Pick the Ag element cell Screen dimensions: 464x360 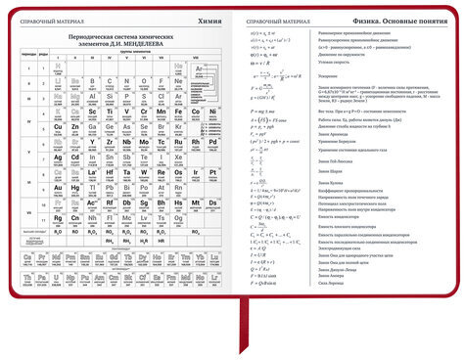[58, 157]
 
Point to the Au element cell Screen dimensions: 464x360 [58, 188]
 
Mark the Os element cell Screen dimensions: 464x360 [178, 173]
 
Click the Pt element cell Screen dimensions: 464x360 [211, 173]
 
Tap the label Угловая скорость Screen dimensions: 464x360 [337, 61]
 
